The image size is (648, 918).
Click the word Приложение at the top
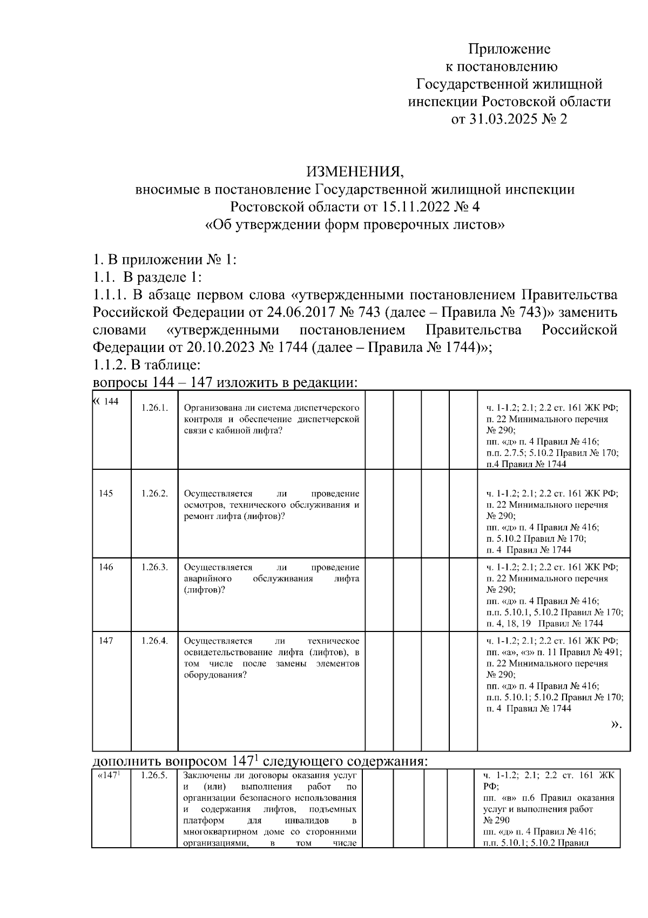pyautogui.click(x=509, y=49)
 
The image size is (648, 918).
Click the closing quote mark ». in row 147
pyautogui.click(x=616, y=724)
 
